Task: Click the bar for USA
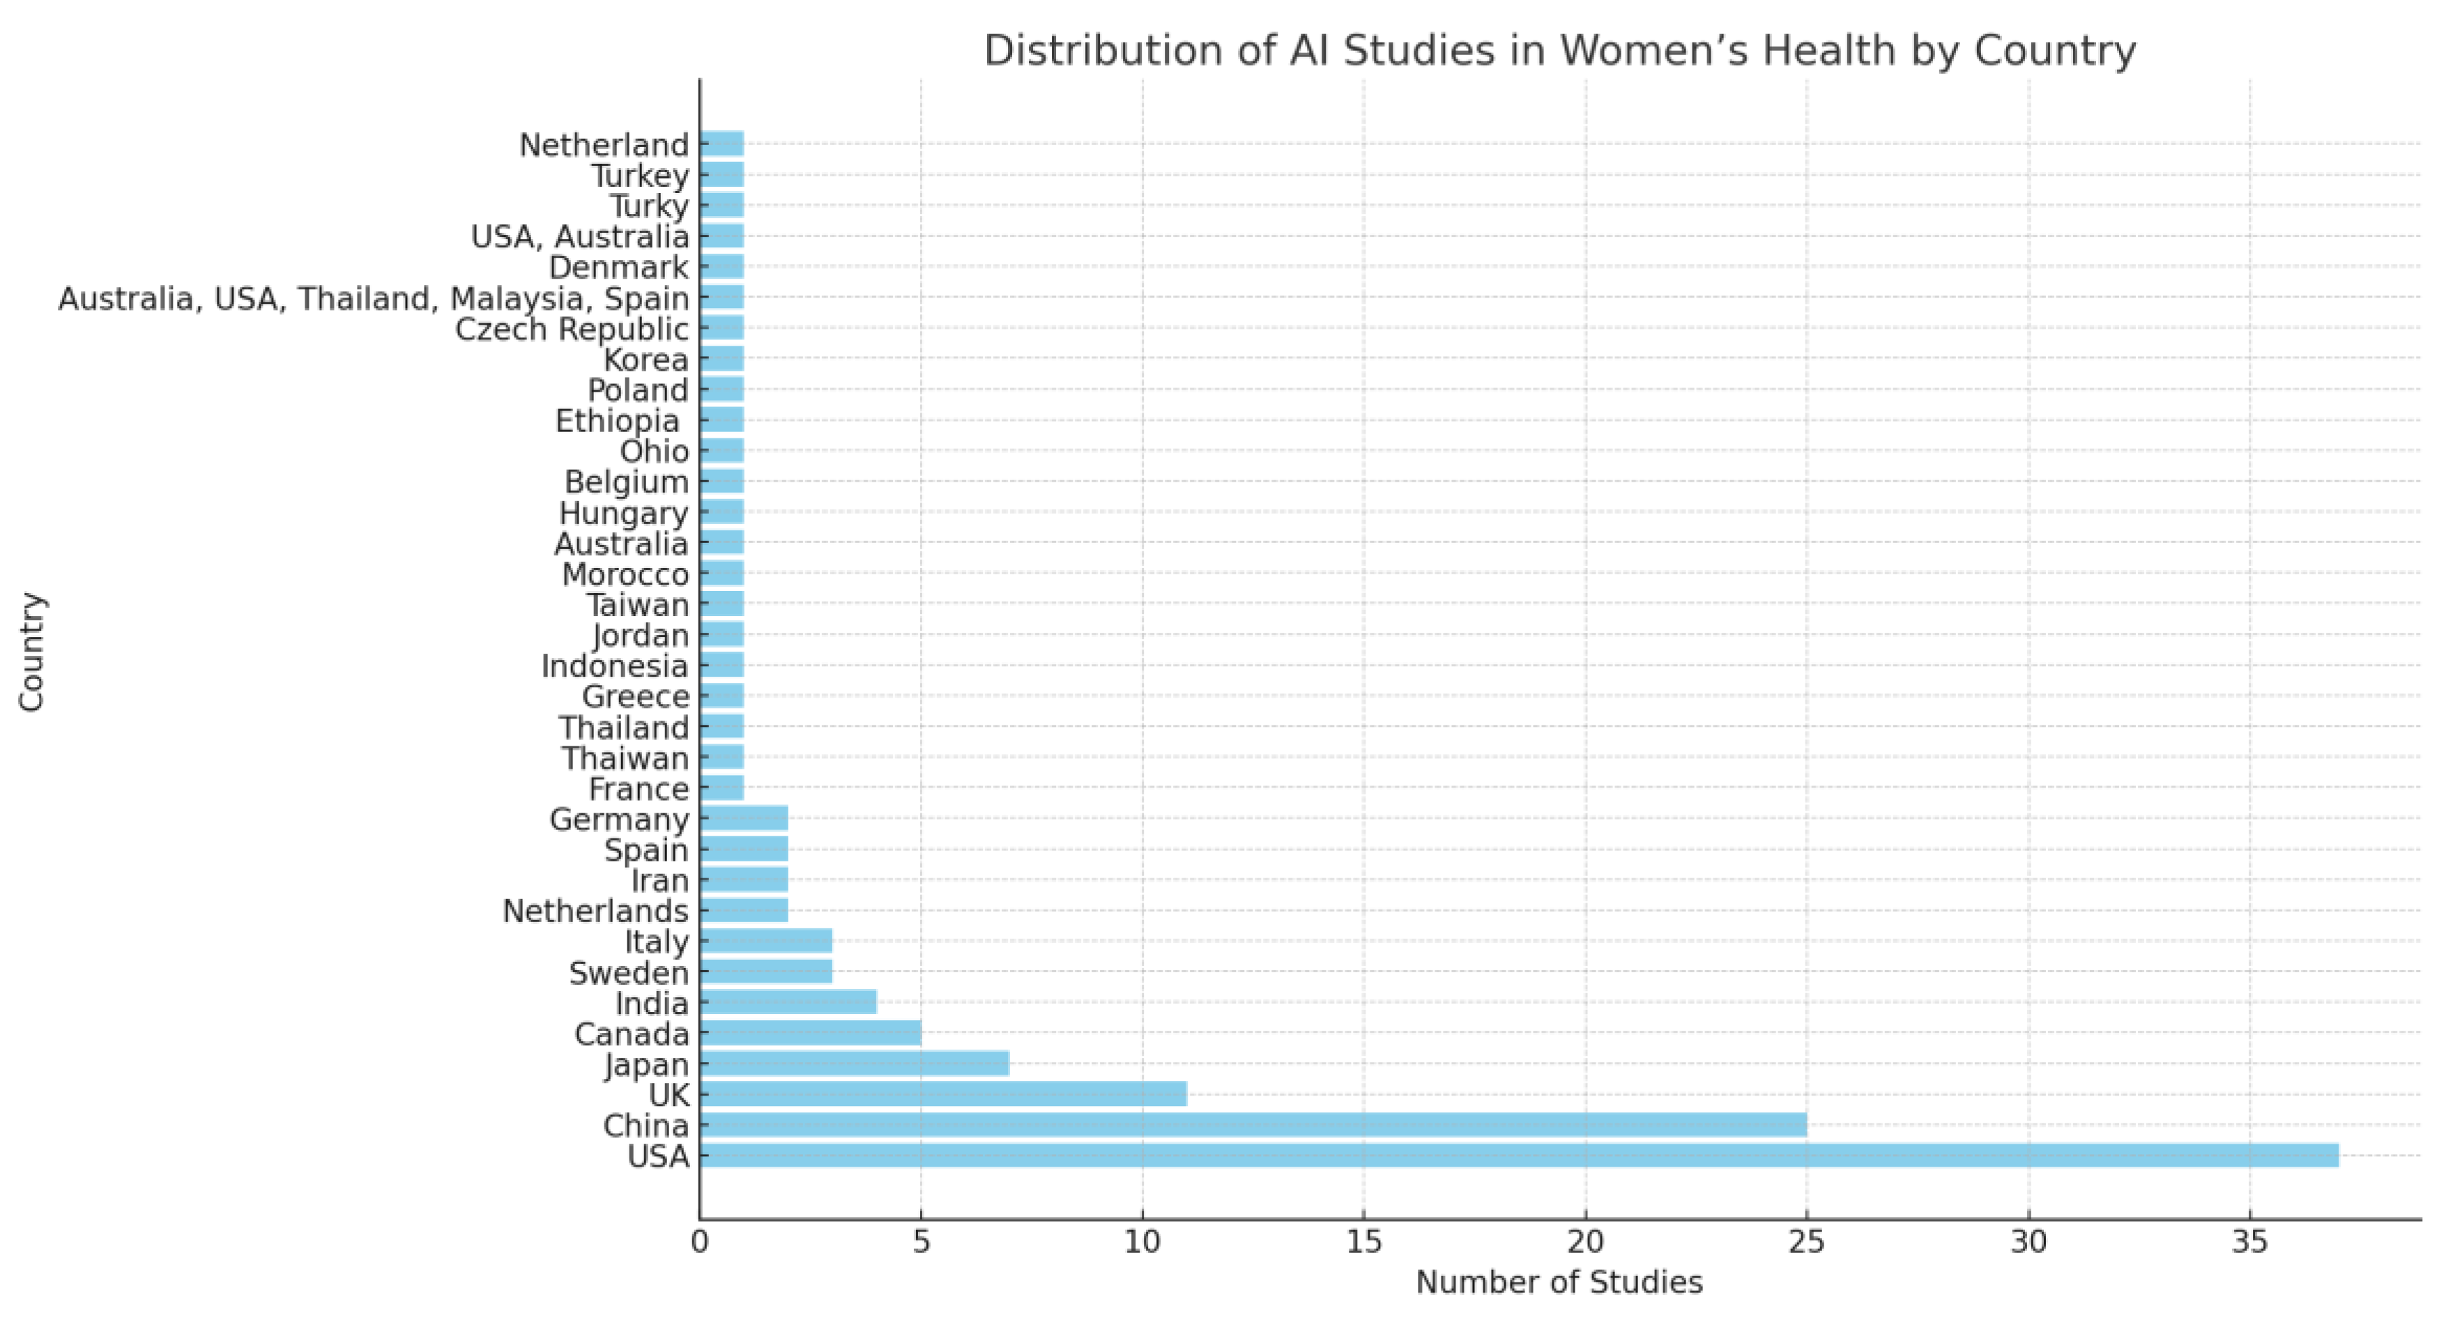click(x=1520, y=1156)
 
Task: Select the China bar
click(x=1253, y=1126)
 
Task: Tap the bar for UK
click(x=943, y=1094)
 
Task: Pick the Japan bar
click(x=855, y=1064)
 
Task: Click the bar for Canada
click(x=810, y=1033)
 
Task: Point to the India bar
click(x=788, y=1003)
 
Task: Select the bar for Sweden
click(x=766, y=972)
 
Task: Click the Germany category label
click(x=619, y=820)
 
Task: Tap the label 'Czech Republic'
click(x=572, y=330)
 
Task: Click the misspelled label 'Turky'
click(x=650, y=206)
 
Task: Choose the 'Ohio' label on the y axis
click(x=655, y=451)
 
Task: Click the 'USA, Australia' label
click(x=580, y=236)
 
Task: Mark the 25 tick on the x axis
click(x=1806, y=1242)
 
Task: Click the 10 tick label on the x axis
click(x=1142, y=1242)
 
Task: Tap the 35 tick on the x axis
click(x=2249, y=1242)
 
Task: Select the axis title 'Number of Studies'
click(x=1559, y=1283)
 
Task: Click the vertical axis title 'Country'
click(x=31, y=652)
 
